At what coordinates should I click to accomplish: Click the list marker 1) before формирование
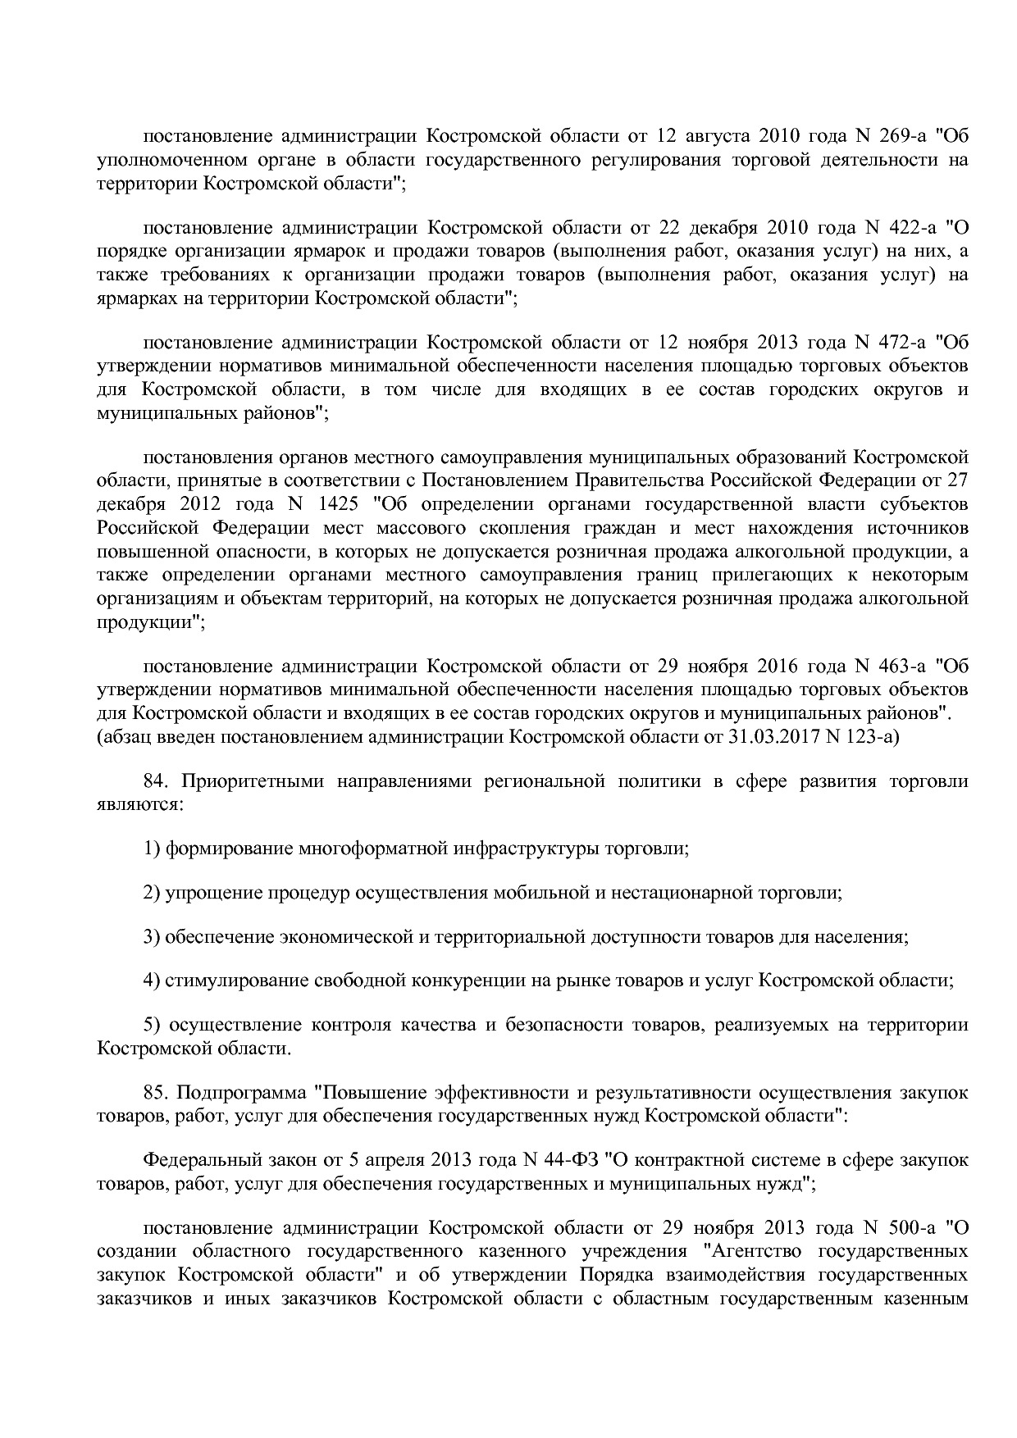tap(152, 849)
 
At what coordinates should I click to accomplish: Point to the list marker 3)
tap(152, 937)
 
